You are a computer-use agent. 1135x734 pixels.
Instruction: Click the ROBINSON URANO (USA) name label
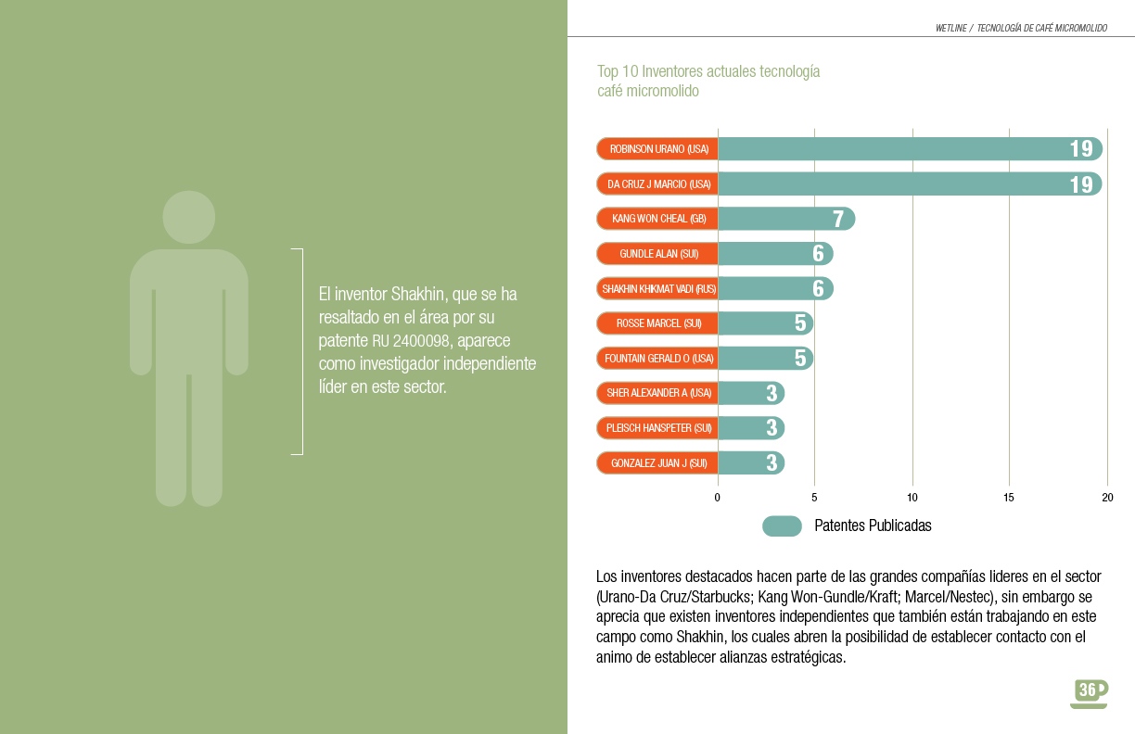(x=658, y=149)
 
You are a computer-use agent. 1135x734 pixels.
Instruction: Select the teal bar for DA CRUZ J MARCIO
(x=890, y=183)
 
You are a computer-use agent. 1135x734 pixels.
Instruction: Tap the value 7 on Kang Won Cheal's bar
(x=838, y=220)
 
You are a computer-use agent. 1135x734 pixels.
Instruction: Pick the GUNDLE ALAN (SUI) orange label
(x=658, y=254)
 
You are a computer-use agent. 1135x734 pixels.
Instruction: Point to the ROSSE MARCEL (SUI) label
(x=658, y=323)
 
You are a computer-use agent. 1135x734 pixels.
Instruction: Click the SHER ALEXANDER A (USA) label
(x=658, y=393)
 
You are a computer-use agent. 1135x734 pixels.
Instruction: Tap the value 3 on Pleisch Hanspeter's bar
(x=772, y=428)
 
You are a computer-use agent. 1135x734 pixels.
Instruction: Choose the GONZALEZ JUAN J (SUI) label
(x=658, y=462)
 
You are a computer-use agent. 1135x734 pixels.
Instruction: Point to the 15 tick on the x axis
(x=1010, y=498)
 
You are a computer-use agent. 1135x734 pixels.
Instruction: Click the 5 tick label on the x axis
(x=814, y=498)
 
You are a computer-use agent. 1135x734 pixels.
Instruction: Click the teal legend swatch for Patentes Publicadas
(x=782, y=525)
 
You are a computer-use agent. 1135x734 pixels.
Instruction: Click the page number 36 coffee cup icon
(x=1089, y=691)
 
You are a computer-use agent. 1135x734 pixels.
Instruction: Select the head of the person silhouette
(x=188, y=218)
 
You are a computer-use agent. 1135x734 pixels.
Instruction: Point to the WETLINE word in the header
(x=951, y=29)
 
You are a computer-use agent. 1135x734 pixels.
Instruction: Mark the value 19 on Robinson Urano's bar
(x=1080, y=149)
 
